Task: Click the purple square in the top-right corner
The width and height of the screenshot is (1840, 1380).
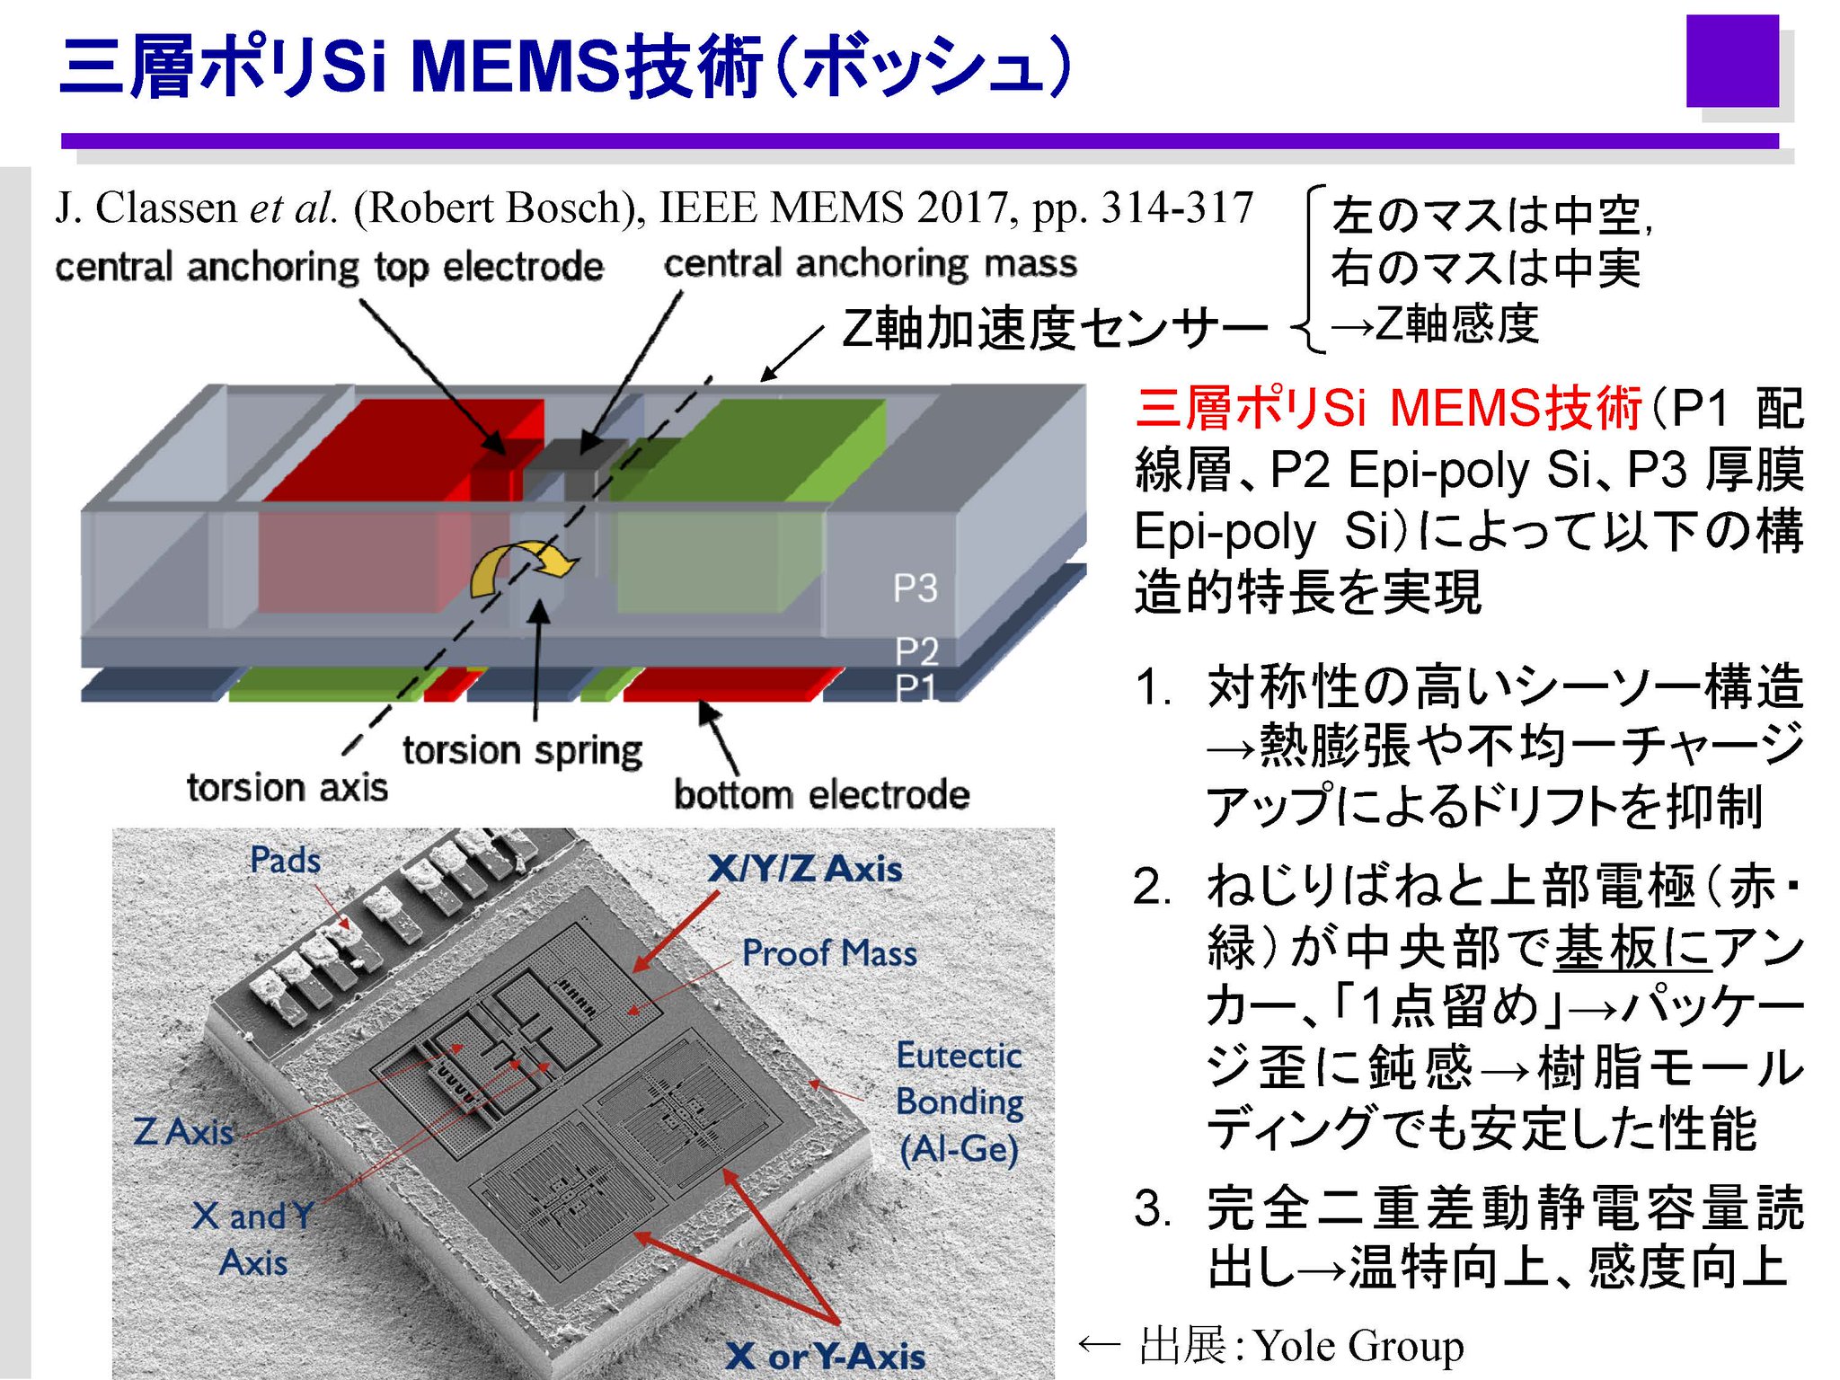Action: click(x=1731, y=61)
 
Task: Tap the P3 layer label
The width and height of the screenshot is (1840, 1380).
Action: click(x=915, y=588)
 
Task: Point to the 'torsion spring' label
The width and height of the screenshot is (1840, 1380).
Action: click(x=522, y=750)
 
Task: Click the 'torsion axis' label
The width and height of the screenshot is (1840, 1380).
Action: click(x=287, y=787)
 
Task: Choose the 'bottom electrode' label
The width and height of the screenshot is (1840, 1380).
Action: click(x=821, y=794)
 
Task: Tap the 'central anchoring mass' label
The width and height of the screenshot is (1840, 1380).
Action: click(x=870, y=263)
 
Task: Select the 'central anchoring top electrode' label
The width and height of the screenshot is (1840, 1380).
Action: click(x=329, y=267)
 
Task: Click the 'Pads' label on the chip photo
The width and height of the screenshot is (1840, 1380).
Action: click(x=285, y=860)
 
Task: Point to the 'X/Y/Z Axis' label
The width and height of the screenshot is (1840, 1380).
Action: click(x=804, y=869)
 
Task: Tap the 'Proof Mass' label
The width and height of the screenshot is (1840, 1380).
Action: click(x=828, y=952)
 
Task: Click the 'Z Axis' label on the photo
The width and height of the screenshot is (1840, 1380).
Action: click(x=183, y=1131)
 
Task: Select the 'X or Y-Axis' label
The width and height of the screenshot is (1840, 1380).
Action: click(x=825, y=1356)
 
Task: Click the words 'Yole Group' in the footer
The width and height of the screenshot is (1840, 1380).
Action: click(x=1358, y=1345)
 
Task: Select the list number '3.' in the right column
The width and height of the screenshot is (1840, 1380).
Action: click(x=1152, y=1207)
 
